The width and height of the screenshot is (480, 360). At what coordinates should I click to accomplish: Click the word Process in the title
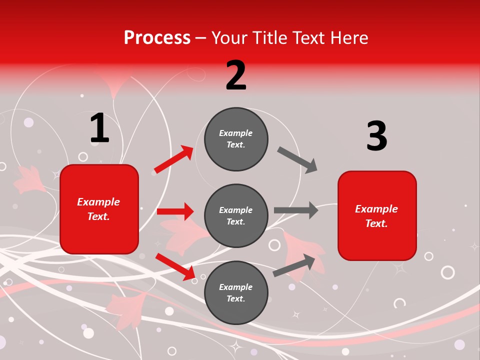point(157,38)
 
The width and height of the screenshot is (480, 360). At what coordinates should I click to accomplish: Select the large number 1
point(99,128)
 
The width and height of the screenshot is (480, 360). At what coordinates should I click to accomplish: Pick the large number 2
point(236,75)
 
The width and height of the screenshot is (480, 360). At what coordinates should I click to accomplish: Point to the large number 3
point(376,136)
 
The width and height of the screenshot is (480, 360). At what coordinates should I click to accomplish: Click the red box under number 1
point(99,209)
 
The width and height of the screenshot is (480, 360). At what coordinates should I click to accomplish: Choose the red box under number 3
point(377,215)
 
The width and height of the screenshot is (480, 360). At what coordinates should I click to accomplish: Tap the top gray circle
point(236,139)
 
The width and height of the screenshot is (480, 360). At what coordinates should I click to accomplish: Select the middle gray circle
point(236,215)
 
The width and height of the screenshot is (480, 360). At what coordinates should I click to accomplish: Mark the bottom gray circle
point(236,292)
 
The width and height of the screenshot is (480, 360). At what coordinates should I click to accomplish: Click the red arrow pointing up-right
point(174,159)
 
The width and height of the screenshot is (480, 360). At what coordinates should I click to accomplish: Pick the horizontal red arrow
point(175,211)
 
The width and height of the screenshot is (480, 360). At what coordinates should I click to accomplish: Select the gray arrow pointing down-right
point(297,159)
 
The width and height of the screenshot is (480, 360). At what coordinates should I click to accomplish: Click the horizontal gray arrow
point(296,210)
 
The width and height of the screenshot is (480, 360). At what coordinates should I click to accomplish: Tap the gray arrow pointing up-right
point(294,265)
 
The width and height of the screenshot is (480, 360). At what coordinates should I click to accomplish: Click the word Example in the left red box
point(98,202)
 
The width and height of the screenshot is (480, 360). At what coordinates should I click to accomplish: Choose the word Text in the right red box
point(376,223)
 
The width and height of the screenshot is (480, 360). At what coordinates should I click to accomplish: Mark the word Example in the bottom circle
point(236,287)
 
